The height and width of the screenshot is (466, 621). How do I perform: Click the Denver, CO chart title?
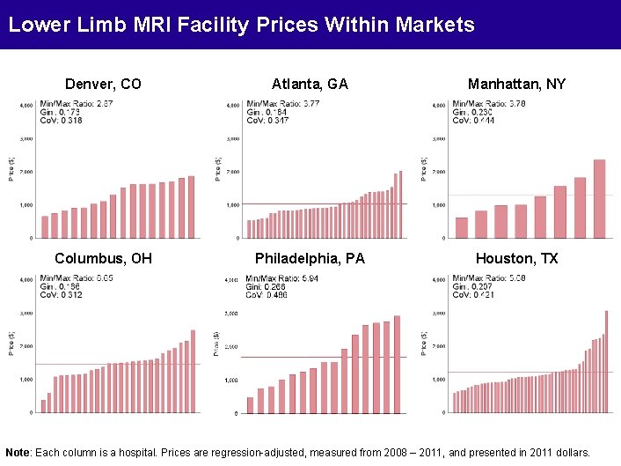[103, 85]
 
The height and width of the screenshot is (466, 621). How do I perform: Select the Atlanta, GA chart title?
[310, 85]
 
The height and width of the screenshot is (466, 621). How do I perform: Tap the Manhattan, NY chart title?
[516, 85]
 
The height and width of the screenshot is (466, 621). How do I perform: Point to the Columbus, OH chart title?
[103, 258]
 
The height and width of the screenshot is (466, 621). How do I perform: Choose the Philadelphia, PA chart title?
[310, 258]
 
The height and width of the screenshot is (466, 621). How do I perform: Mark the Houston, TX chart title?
[516, 258]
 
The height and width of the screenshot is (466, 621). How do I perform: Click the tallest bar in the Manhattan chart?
[600, 199]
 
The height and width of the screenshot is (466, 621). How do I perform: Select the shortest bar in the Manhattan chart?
[462, 228]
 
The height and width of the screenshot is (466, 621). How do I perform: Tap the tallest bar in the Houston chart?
[606, 361]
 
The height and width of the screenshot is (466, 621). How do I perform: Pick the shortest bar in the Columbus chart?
[43, 406]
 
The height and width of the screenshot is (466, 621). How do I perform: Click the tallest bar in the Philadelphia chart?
[397, 364]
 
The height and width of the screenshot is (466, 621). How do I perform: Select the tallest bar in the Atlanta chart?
[401, 204]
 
